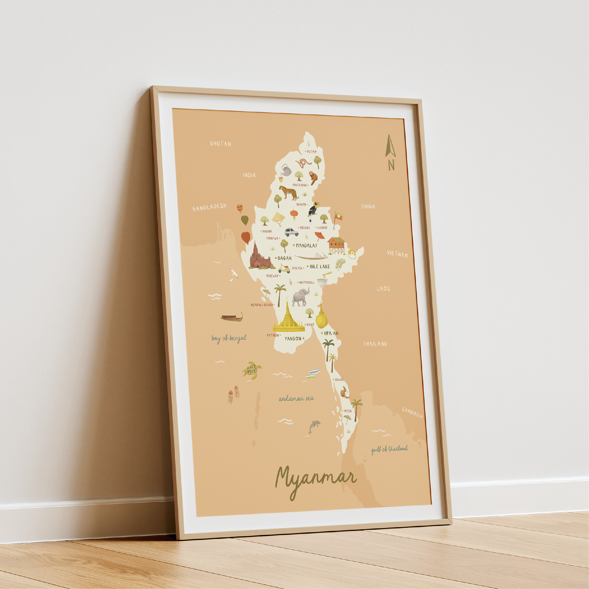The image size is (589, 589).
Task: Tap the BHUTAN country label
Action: (x=220, y=144)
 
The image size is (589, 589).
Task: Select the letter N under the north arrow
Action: (x=391, y=165)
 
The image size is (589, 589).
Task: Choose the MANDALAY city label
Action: (x=306, y=245)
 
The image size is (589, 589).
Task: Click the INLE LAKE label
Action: (x=320, y=267)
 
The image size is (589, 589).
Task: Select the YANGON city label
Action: (x=293, y=338)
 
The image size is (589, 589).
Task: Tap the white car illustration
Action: (x=291, y=232)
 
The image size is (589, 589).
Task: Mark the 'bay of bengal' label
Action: (x=229, y=338)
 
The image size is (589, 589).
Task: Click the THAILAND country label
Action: (x=375, y=344)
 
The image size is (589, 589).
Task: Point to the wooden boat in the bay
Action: (x=232, y=317)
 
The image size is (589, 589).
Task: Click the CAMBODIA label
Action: (x=412, y=413)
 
